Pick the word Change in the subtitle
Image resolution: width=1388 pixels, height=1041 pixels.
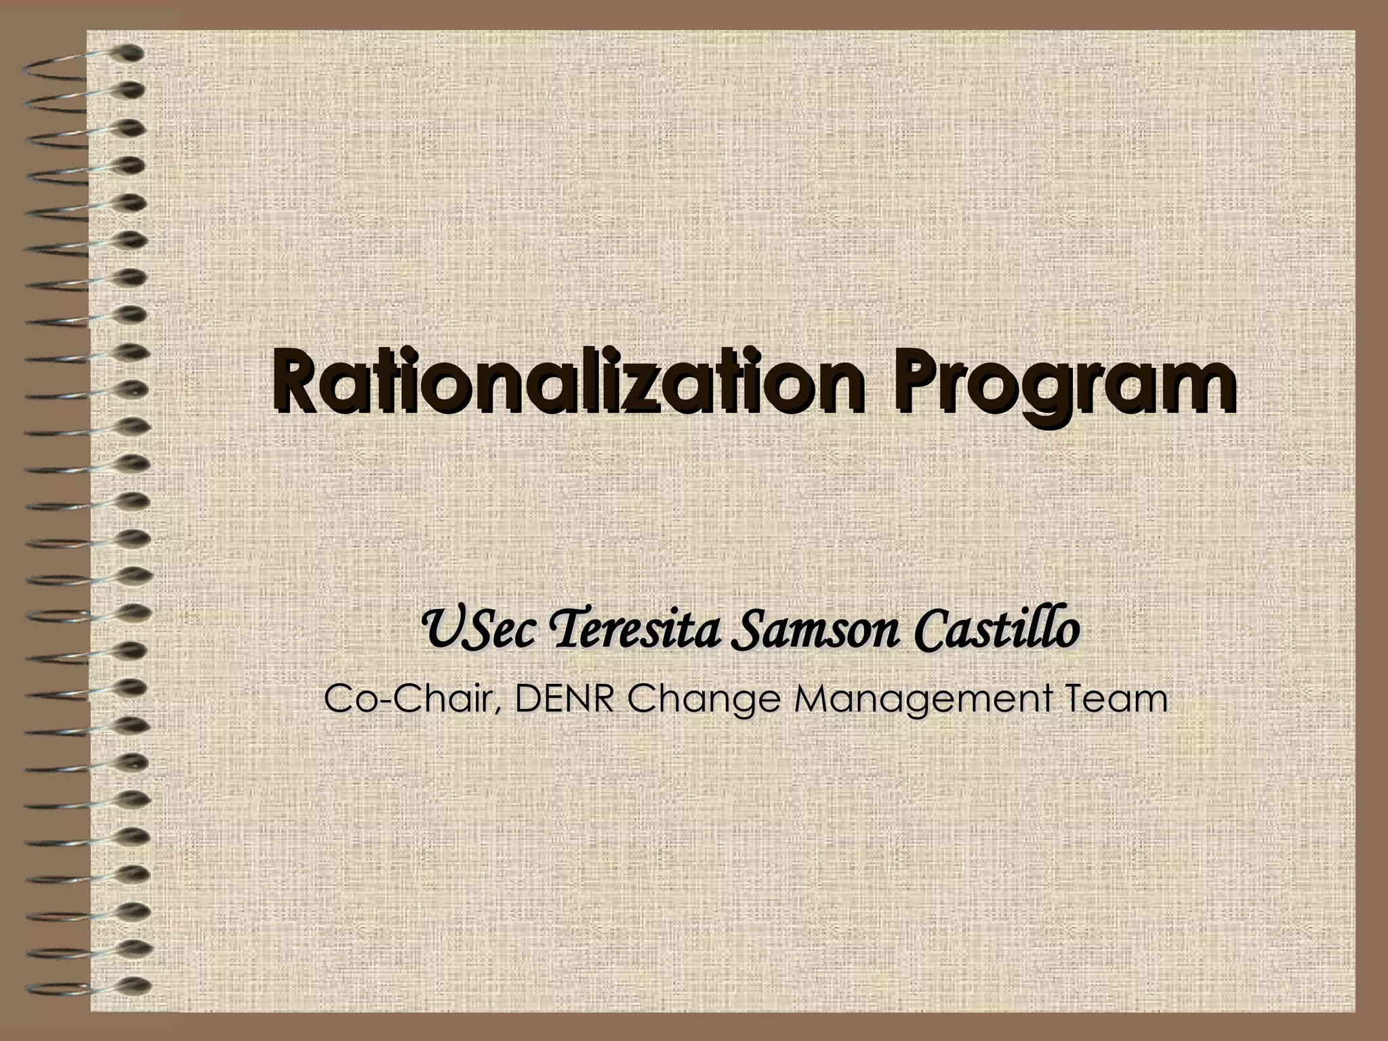[700, 701]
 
